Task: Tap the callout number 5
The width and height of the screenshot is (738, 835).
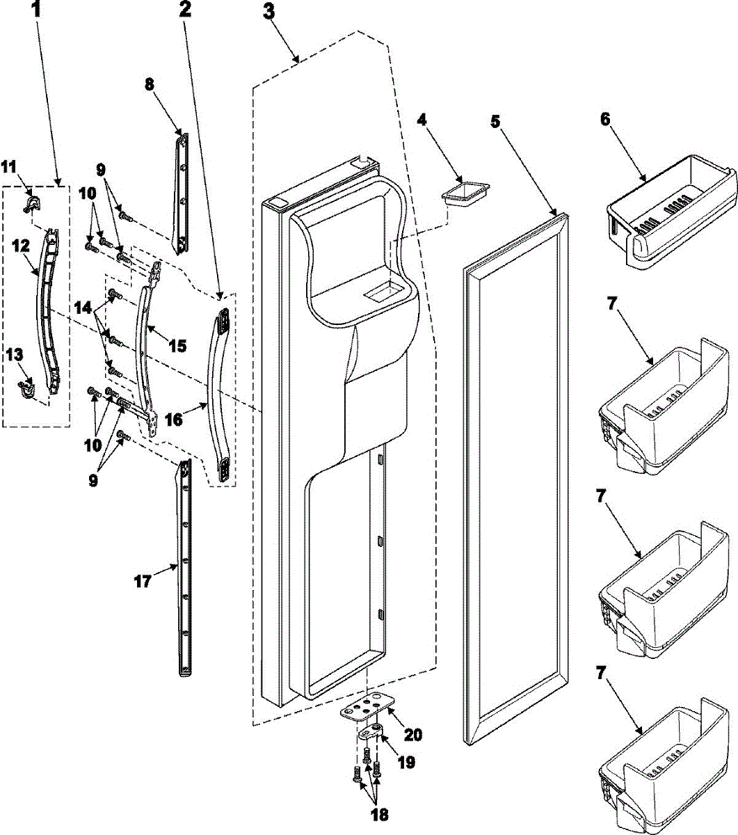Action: (495, 120)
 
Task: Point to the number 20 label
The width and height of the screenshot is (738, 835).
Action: (412, 733)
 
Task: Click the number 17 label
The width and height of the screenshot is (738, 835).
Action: (142, 580)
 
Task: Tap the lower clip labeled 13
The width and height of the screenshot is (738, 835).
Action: (27, 390)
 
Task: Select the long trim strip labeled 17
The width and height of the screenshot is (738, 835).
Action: (185, 567)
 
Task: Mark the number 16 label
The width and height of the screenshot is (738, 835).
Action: (175, 420)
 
